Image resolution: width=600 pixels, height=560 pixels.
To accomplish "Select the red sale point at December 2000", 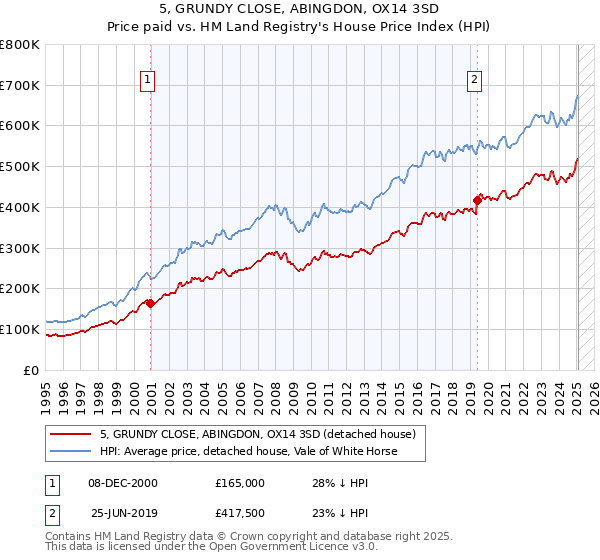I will click(150, 303).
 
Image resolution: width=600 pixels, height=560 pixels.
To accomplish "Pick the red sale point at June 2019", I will click(477, 199).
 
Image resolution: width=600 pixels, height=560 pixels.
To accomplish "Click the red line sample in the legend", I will click(71, 434).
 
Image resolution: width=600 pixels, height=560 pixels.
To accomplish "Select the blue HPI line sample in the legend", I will click(71, 451).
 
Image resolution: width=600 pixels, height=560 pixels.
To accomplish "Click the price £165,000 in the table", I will click(240, 483).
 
